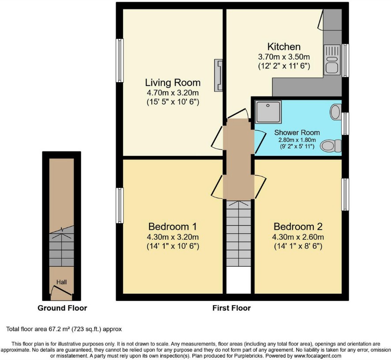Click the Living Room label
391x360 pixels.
(x=173, y=83)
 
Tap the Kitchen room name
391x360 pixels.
(x=284, y=46)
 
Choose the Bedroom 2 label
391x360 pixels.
(x=298, y=227)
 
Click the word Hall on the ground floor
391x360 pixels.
(x=61, y=281)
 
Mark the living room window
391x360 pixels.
(x=120, y=61)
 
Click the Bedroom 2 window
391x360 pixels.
(x=345, y=194)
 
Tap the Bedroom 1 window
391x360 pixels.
(x=120, y=205)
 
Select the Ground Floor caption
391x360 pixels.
(x=62, y=308)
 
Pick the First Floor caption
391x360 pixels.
(x=232, y=308)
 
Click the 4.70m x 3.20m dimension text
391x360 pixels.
(x=173, y=93)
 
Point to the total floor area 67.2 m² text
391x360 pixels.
(x=64, y=329)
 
